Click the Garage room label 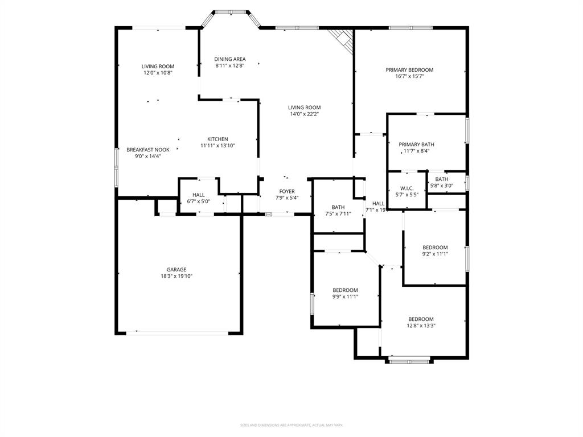(x=176, y=270)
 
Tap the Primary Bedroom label (x=409, y=70)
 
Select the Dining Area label (x=230, y=59)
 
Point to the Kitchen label (x=217, y=139)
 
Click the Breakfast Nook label (x=148, y=150)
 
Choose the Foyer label (x=287, y=191)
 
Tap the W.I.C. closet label (x=407, y=188)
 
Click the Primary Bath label (x=416, y=145)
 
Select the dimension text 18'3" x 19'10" (x=176, y=277)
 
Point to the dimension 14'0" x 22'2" (x=304, y=114)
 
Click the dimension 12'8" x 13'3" (x=421, y=326)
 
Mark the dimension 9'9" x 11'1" (x=346, y=296)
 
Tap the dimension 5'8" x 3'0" (x=442, y=185)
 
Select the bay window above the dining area (x=231, y=13)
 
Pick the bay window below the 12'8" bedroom (x=409, y=360)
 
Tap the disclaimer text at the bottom (x=291, y=425)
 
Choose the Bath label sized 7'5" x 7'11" (x=338, y=207)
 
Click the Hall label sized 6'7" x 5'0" (x=198, y=195)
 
